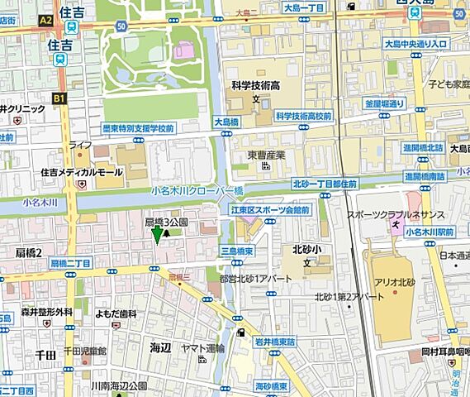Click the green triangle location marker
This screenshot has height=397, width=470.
click(x=157, y=235)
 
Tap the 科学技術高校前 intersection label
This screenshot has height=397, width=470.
click(x=303, y=117)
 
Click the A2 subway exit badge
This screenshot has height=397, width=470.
click(x=45, y=20)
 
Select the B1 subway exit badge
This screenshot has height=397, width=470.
click(x=59, y=98)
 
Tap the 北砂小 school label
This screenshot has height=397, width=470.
click(x=307, y=249)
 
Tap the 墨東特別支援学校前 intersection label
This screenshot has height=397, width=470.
click(x=137, y=128)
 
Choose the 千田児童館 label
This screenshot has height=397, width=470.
click(x=97, y=351)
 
